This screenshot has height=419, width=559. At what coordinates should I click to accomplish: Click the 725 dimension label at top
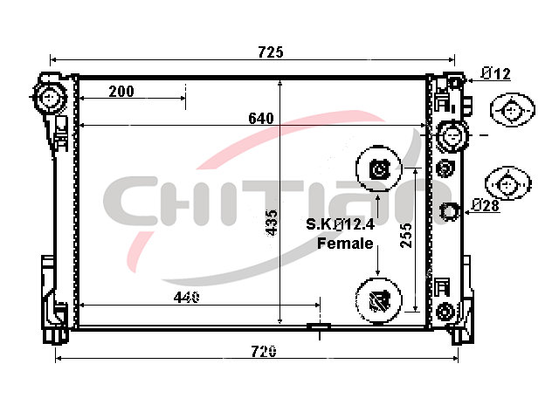[x=271, y=52]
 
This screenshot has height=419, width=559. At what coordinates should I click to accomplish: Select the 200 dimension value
[x=121, y=92]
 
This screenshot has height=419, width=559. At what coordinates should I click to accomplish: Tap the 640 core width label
[x=261, y=119]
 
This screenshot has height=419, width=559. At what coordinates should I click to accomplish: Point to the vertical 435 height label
[x=272, y=223]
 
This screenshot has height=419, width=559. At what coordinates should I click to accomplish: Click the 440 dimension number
[x=186, y=297]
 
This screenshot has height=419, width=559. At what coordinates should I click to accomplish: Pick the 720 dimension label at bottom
[x=264, y=352]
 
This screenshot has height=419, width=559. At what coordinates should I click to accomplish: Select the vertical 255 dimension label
[x=406, y=235]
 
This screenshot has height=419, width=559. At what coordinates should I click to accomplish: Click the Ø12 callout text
[x=495, y=74]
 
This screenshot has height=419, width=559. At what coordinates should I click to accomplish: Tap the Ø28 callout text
[x=486, y=206]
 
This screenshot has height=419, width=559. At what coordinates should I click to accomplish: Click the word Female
[x=345, y=244]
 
